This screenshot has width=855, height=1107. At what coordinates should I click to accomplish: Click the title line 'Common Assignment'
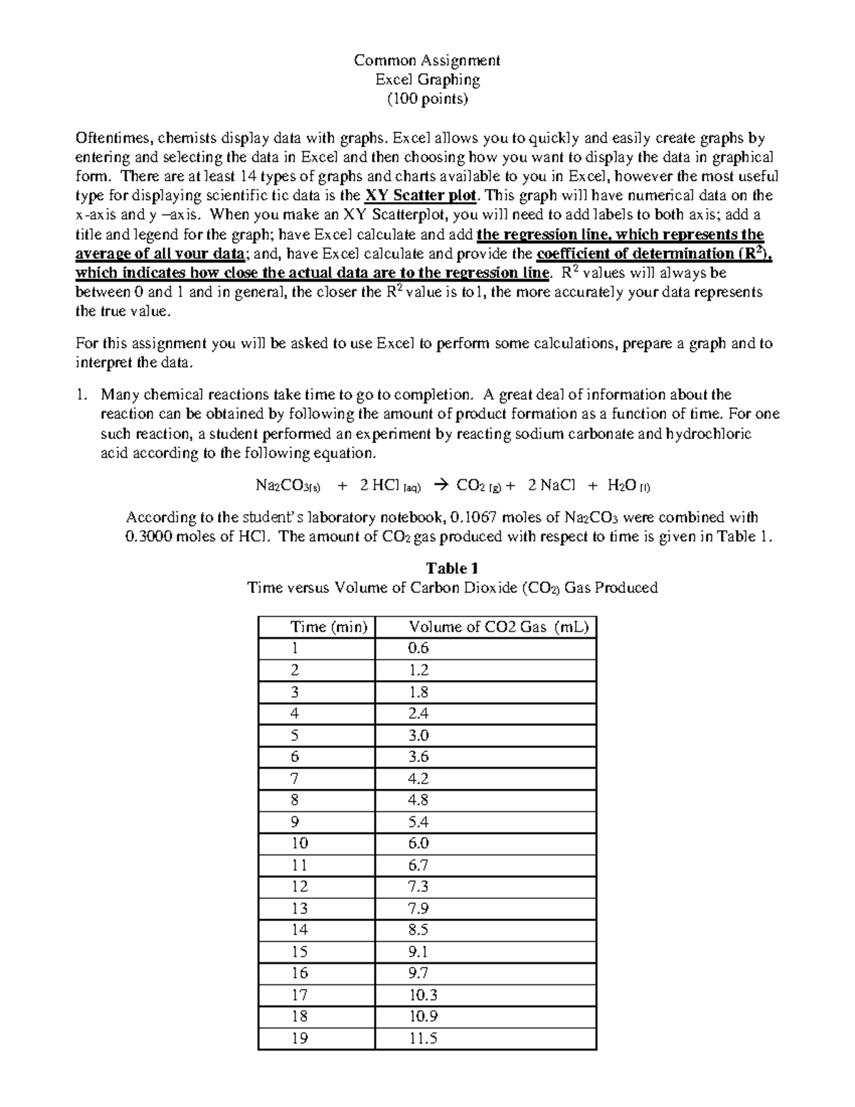coord(427,60)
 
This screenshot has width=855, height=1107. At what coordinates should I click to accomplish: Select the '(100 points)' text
coord(427,98)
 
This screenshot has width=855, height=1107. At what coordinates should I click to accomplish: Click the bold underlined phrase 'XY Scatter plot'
coord(420,196)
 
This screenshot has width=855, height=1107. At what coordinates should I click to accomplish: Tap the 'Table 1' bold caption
coord(451,568)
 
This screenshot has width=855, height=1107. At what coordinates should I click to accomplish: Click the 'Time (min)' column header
coord(328,627)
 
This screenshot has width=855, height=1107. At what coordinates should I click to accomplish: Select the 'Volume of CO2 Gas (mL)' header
coord(498,627)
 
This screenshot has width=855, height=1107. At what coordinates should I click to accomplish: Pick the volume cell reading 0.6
coord(418,648)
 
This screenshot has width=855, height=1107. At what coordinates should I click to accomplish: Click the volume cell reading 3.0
coord(418,735)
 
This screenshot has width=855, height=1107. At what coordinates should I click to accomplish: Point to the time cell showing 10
coord(299,843)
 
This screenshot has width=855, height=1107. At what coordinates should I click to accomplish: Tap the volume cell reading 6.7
coord(418,865)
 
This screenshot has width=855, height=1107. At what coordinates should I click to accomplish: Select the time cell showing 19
coord(299,1039)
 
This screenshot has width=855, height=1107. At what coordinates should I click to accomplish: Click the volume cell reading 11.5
coord(423,1039)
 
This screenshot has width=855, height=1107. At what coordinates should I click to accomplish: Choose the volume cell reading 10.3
coord(423,995)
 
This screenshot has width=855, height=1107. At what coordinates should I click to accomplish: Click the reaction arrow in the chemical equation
coord(440,486)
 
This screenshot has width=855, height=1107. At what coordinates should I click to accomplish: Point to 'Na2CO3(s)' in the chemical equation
coord(288,486)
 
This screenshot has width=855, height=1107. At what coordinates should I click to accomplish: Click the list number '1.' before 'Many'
coord(83,395)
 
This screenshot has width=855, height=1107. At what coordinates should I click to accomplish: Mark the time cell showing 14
coord(299,930)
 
